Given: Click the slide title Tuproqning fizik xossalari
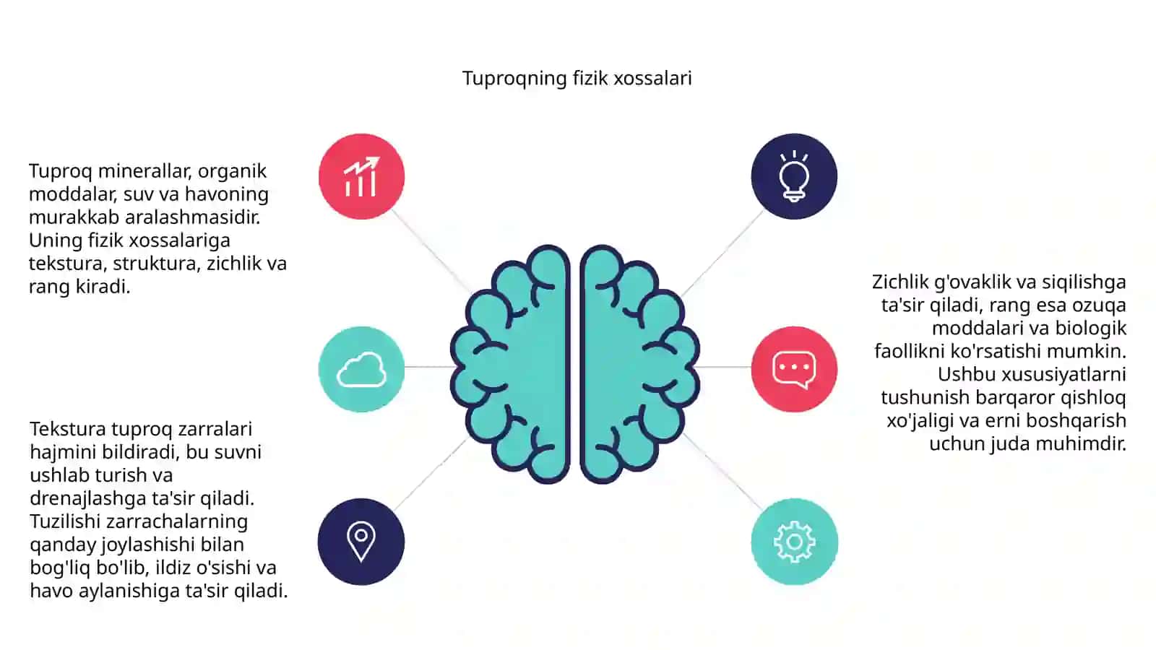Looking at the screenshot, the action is click(x=577, y=79).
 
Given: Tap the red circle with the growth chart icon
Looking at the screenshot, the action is click(x=361, y=176).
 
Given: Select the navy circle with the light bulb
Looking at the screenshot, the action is click(x=794, y=176).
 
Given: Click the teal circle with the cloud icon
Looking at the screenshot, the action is click(x=361, y=369).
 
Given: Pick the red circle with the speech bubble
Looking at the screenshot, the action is click(x=794, y=369).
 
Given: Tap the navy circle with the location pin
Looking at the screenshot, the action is click(x=361, y=542).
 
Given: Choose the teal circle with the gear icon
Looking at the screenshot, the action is click(x=794, y=542).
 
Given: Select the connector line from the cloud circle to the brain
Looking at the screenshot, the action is click(x=429, y=367).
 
